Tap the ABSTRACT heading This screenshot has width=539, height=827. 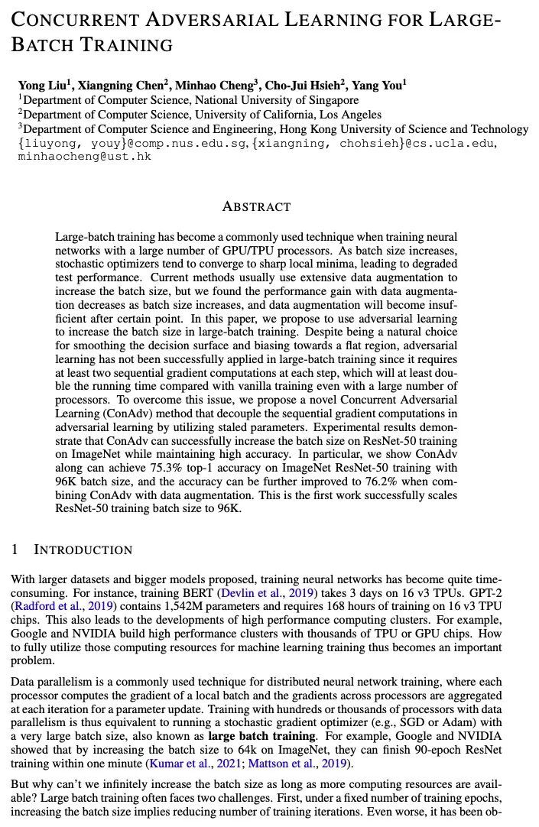[x=256, y=206]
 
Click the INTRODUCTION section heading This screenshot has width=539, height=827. [x=83, y=550]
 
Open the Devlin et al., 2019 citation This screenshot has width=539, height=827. [x=265, y=592]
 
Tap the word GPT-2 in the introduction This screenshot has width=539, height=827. [x=485, y=592]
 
